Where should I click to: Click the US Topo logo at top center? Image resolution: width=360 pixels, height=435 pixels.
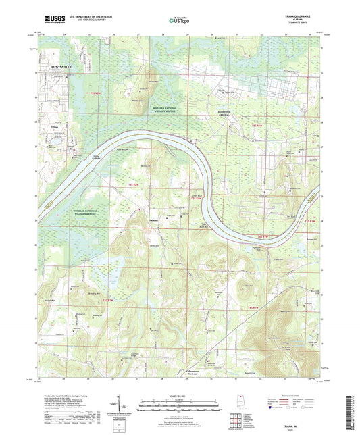click(176, 20)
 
